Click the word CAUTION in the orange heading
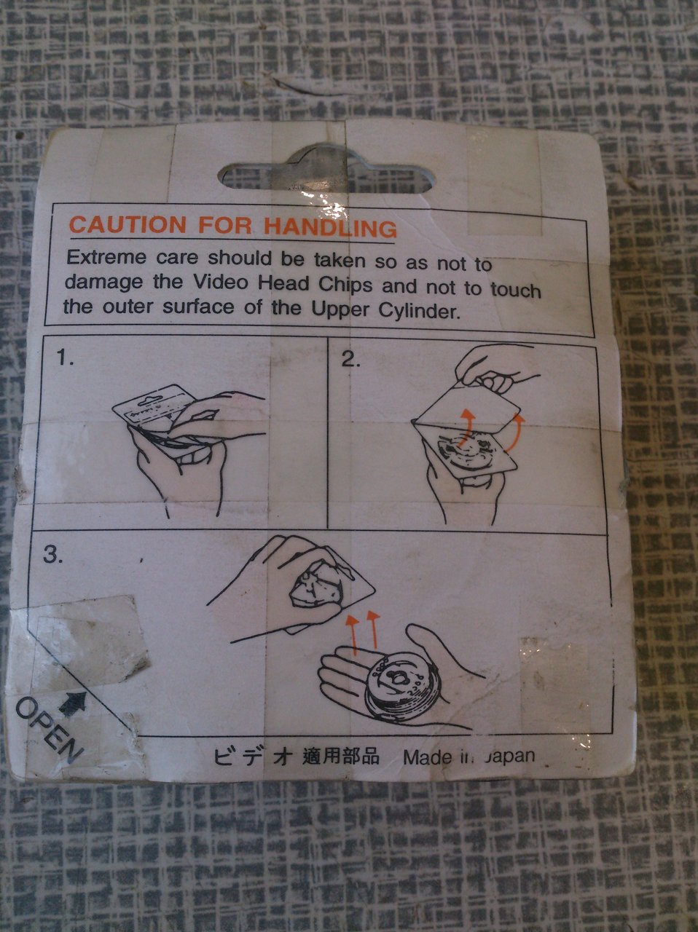(x=128, y=224)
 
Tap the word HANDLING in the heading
(x=331, y=228)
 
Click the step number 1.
(x=65, y=358)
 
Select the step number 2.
(x=351, y=360)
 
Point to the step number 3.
(x=52, y=555)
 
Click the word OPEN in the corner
(x=49, y=730)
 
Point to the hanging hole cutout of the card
(x=326, y=170)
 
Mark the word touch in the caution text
(x=516, y=291)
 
